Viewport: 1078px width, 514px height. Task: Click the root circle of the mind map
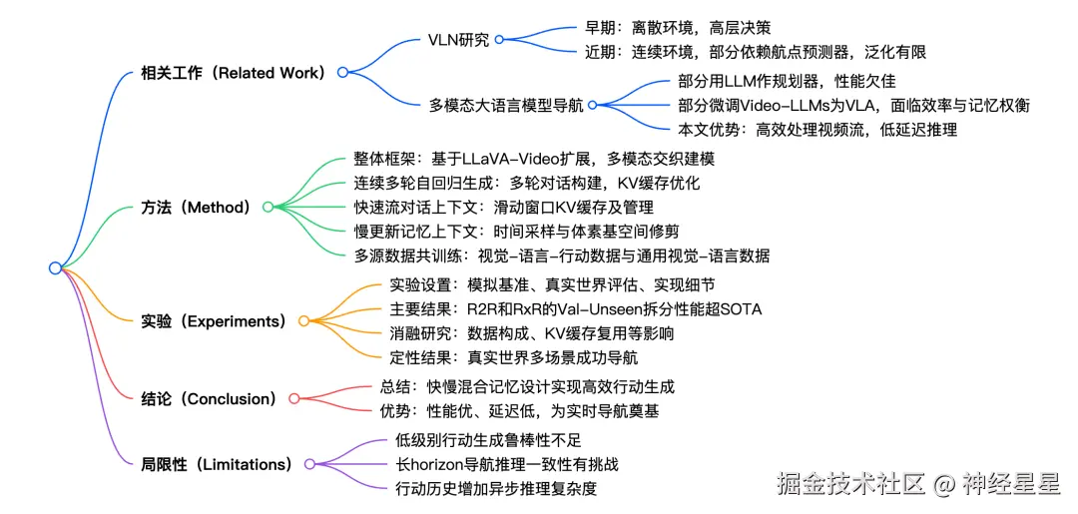[x=55, y=267]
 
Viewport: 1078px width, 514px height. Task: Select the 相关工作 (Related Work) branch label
[x=234, y=73]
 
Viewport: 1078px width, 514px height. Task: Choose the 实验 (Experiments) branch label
[x=214, y=321]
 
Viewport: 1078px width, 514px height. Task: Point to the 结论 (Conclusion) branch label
[x=209, y=399]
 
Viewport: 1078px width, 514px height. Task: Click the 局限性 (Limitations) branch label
[x=217, y=464]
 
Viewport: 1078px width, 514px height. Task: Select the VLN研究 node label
[x=458, y=40]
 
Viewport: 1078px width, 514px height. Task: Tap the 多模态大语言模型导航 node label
[x=506, y=104]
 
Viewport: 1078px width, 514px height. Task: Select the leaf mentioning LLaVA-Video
[x=534, y=160]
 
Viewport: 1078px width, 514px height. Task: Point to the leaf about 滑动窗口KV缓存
[x=503, y=208]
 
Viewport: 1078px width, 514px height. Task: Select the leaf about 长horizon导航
[x=507, y=464]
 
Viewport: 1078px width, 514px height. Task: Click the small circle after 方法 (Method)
[x=268, y=208]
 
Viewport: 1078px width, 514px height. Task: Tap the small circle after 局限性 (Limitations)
[x=309, y=464]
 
